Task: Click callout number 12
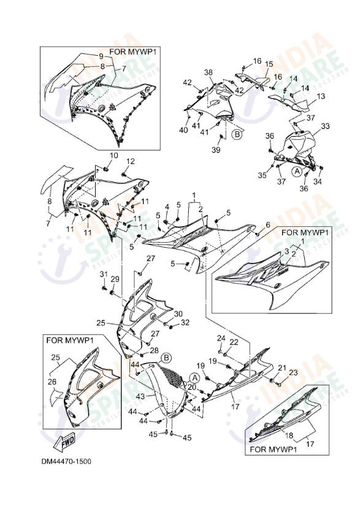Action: point(130,161)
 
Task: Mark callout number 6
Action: point(267,226)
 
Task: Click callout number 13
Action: point(320,97)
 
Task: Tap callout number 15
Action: point(269,64)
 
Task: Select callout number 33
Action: point(325,126)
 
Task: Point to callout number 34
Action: point(318,182)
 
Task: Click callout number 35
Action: point(262,175)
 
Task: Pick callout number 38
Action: point(208,72)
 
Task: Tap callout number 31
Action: point(104,274)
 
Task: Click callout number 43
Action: point(140,397)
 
